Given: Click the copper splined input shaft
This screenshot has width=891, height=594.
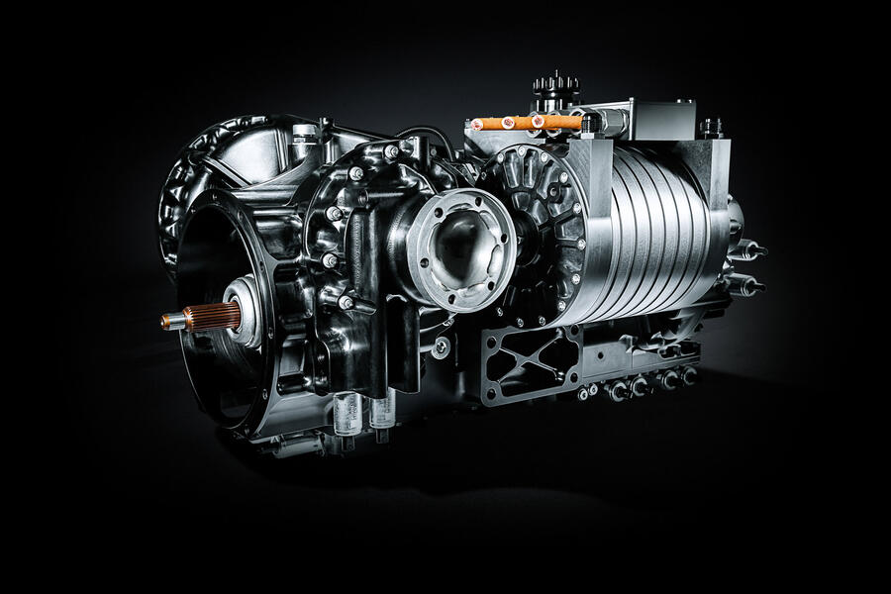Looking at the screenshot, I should [211, 317].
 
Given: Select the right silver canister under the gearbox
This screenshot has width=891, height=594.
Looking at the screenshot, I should [382, 409].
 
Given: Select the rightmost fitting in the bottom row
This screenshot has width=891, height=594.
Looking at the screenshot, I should [688, 375].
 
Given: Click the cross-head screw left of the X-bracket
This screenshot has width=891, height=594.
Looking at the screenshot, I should [441, 347].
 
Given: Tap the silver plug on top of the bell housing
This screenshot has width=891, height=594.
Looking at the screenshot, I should [306, 133].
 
